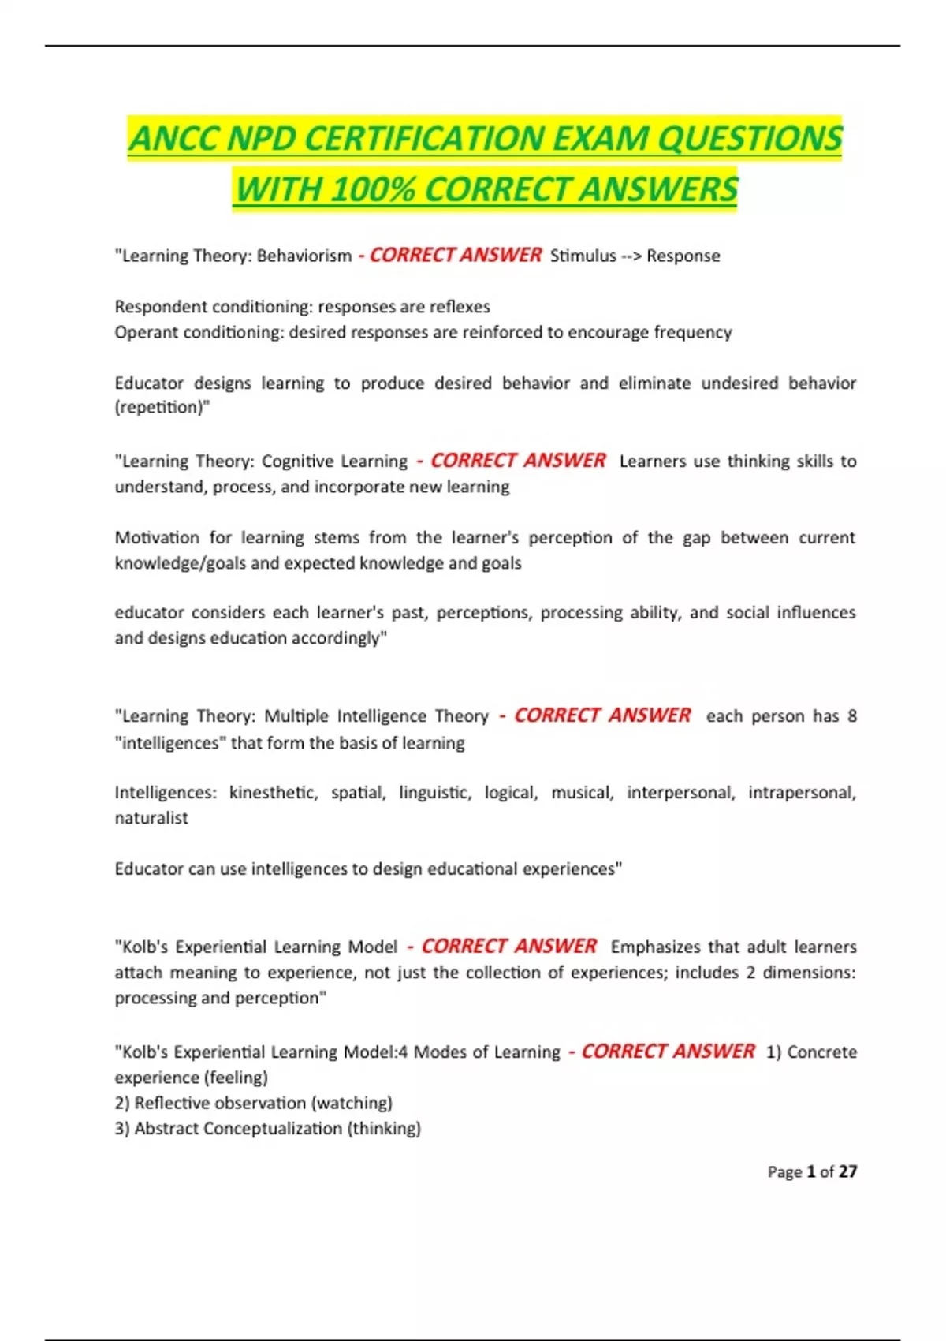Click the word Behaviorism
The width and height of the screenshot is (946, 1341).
(x=304, y=256)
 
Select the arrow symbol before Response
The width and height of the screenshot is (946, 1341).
(x=631, y=256)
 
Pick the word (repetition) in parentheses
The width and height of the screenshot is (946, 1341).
(x=162, y=408)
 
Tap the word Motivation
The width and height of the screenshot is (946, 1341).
(x=157, y=537)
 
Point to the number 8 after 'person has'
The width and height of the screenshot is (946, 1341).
(x=851, y=716)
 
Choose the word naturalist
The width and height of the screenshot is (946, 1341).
(x=151, y=818)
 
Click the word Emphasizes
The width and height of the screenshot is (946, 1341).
(x=655, y=947)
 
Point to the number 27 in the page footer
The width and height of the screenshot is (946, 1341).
(x=847, y=1171)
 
